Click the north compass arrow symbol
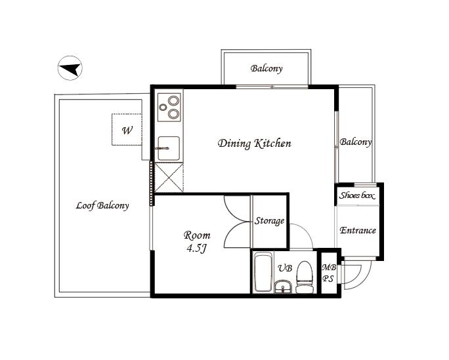click(70, 68)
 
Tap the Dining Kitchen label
click(254, 143)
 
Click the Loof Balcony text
click(102, 205)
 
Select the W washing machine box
click(127, 130)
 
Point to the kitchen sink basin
click(169, 148)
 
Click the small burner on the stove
click(163, 108)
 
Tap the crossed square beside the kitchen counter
click(169, 177)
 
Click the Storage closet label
click(269, 221)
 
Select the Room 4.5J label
click(197, 241)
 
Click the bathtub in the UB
click(263, 271)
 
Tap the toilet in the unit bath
click(305, 277)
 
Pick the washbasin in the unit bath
click(283, 287)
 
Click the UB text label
click(285, 268)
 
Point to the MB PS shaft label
click(328, 273)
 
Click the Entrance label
click(358, 230)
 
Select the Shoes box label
click(357, 195)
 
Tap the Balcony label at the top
click(267, 68)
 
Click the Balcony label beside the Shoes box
click(356, 142)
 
